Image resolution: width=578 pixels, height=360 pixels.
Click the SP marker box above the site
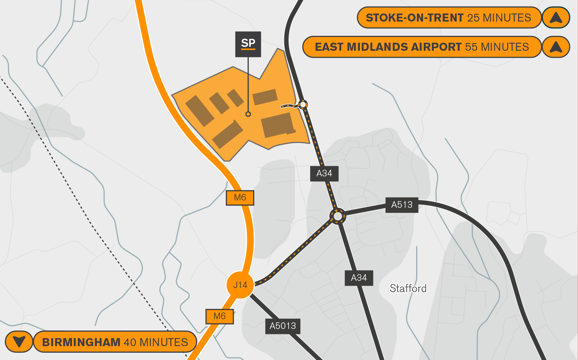[248, 44]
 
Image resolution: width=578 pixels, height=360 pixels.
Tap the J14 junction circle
[240, 285]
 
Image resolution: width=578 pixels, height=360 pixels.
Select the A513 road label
[402, 205]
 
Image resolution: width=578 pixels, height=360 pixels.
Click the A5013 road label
[282, 326]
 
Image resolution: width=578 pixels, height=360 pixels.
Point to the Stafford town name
[408, 288]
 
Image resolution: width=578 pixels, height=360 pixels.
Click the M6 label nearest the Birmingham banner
[220, 316]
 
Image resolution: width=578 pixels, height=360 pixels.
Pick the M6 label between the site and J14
[240, 198]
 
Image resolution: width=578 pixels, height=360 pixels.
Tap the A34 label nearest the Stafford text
[359, 278]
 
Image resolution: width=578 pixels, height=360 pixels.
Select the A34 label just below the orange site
[324, 173]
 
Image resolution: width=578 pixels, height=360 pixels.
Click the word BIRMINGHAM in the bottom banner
[81, 342]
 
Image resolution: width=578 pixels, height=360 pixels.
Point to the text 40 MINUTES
[156, 342]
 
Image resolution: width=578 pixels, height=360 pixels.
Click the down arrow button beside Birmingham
[19, 342]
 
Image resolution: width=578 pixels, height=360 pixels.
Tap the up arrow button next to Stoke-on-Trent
[556, 18]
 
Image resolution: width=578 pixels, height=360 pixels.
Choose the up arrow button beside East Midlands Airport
[556, 47]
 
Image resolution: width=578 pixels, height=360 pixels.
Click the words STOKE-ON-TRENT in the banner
[414, 18]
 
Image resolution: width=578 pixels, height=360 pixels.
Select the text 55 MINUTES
[497, 47]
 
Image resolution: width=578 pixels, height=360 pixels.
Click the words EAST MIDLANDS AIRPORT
[388, 47]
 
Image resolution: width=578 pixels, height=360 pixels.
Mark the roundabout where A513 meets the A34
[338, 217]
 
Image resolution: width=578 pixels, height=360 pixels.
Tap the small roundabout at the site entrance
[303, 105]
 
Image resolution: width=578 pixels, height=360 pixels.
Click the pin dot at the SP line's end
[248, 114]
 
